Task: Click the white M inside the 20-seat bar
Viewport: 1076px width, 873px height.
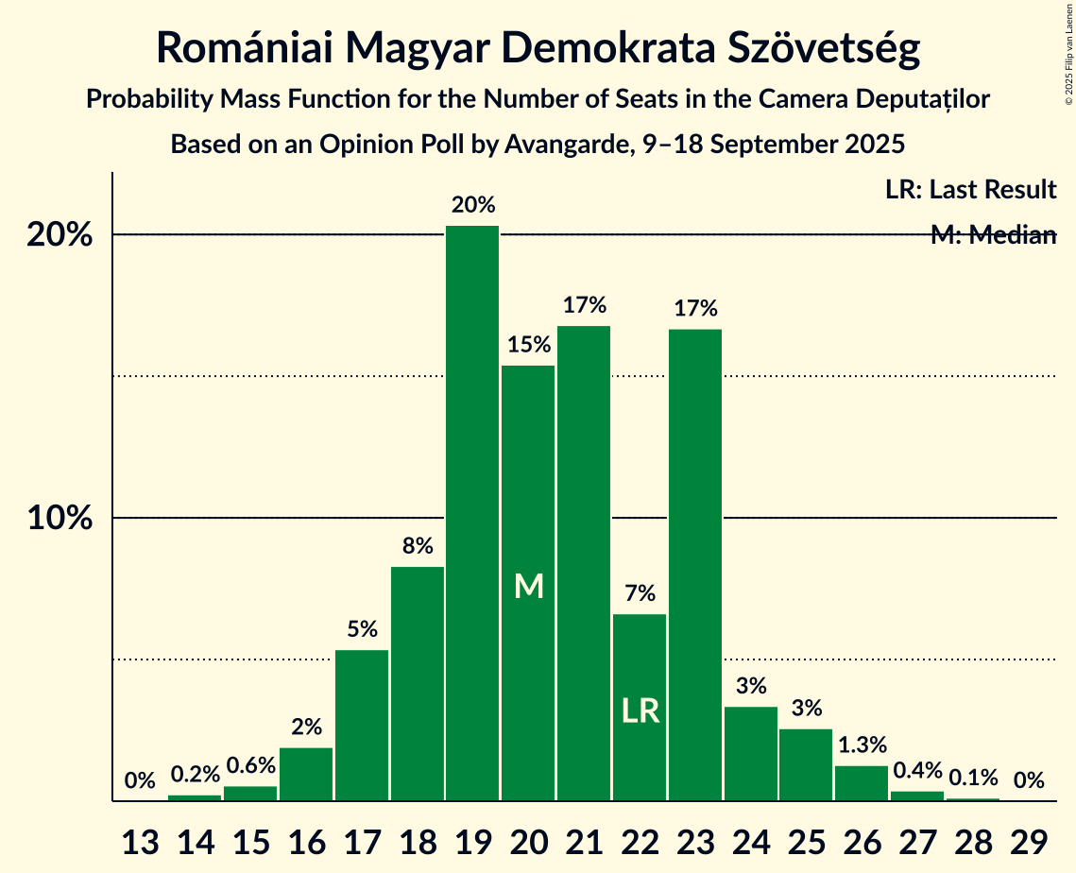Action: (x=529, y=587)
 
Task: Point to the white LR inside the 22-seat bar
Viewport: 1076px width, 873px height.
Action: (x=640, y=710)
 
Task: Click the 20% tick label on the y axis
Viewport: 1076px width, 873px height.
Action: (x=60, y=235)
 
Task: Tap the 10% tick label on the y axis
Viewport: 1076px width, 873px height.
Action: (x=60, y=519)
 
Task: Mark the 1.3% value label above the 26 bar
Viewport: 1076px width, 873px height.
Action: (x=861, y=745)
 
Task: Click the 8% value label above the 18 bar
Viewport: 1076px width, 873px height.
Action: (x=418, y=545)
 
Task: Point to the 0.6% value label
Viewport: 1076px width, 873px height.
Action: (x=250, y=765)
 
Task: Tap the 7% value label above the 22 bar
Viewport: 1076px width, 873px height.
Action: (x=640, y=593)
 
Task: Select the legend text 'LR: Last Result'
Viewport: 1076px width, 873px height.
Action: (x=970, y=190)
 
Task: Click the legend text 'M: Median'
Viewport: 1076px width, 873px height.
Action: (x=993, y=235)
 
